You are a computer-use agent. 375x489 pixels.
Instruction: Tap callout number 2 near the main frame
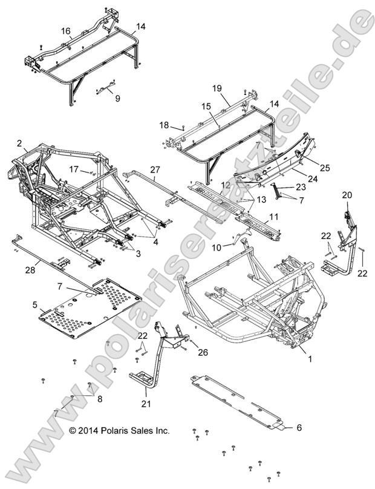tap(19, 143)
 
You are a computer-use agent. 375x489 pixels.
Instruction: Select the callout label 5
tap(35, 305)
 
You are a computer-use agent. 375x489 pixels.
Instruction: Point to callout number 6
tap(298, 427)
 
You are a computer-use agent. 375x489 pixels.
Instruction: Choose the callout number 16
tap(66, 30)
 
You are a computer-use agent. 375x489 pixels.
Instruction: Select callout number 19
tap(217, 87)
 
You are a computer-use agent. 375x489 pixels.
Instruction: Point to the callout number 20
tap(347, 194)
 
